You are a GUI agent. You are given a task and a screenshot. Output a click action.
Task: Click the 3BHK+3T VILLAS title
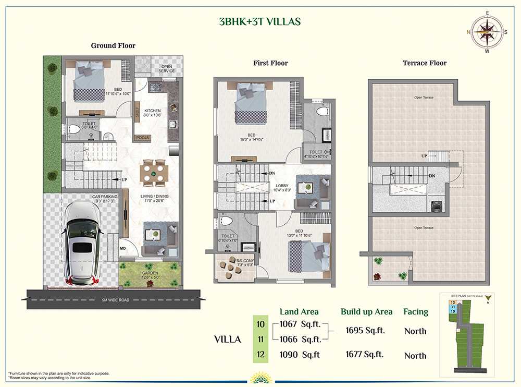tap(259, 22)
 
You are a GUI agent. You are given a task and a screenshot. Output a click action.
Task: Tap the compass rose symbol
tap(487, 32)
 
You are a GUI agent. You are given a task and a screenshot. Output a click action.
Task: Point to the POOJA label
tap(143, 138)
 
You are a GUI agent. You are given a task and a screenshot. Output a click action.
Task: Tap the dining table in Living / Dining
tap(156, 172)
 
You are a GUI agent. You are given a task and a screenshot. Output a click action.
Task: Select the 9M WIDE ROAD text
tap(116, 300)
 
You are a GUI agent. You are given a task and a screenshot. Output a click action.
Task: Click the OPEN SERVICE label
tap(166, 69)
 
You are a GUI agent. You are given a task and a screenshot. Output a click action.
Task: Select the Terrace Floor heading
tap(424, 63)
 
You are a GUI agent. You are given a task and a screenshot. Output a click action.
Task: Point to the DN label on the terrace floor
tap(431, 176)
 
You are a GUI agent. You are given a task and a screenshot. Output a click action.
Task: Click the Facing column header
tap(415, 312)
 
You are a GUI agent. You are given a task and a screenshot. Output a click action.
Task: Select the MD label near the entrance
tap(123, 248)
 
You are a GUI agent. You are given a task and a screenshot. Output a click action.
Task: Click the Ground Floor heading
tap(113, 46)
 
